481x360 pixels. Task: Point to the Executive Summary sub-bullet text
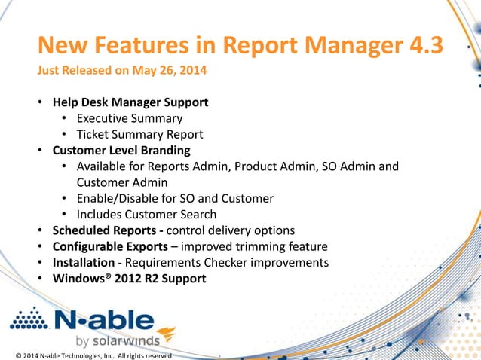[129, 118]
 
